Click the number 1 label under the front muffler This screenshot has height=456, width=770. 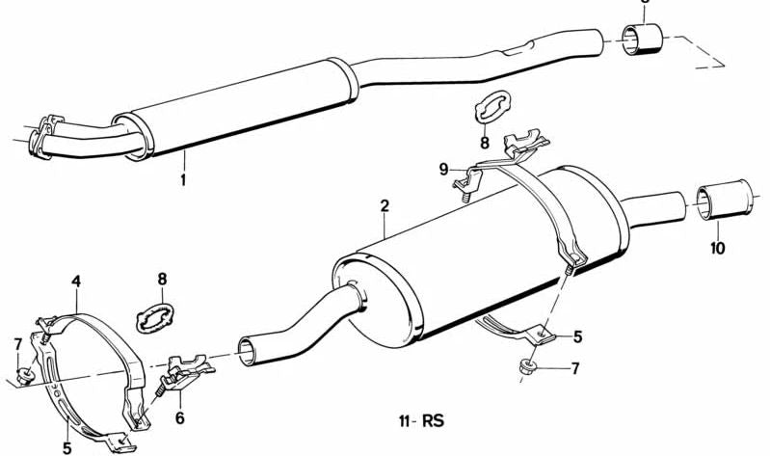[183, 179]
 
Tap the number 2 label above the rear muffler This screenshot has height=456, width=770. [385, 205]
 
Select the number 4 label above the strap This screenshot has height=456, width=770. [76, 282]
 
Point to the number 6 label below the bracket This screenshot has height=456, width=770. [180, 418]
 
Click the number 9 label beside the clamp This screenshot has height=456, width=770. [444, 170]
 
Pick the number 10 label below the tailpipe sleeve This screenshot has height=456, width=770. [717, 248]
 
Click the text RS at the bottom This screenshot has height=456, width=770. [433, 420]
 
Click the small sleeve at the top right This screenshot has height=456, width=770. [643, 39]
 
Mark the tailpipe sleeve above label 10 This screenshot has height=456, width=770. [725, 200]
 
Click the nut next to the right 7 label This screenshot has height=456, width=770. [528, 366]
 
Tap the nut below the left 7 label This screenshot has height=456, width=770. [24, 376]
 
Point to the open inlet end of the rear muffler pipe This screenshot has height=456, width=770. [247, 351]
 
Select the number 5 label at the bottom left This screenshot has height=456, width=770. [67, 448]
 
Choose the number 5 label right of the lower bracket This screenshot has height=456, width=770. [577, 337]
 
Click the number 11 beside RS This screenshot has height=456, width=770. [404, 421]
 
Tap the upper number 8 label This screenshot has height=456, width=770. [485, 143]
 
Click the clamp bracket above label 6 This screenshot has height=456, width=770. [187, 371]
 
